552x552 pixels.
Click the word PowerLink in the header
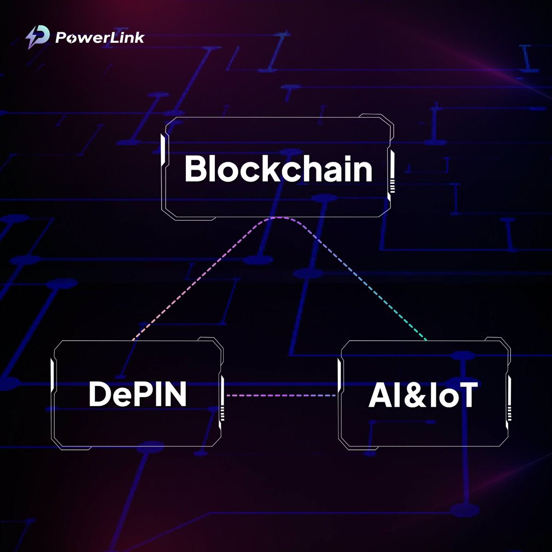click(99, 37)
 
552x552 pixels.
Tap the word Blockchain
click(278, 169)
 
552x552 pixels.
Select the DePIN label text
click(138, 394)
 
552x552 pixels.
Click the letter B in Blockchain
click(194, 169)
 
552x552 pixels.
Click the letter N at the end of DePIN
click(176, 394)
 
